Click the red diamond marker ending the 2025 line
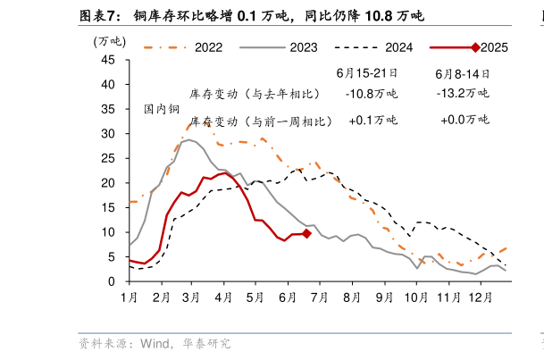tap(306, 233)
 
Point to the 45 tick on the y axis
tap(108, 60)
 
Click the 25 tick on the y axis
tap(108, 158)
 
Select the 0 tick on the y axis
tap(112, 281)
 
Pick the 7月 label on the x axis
tap(319, 297)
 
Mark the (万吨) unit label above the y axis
tap(109, 41)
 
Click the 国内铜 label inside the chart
tap(162, 110)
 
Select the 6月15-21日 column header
tap(366, 73)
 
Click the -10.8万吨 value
tap(372, 93)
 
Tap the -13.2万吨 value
tap(463, 93)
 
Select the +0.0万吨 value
tap(464, 120)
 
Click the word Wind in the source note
tap(156, 343)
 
